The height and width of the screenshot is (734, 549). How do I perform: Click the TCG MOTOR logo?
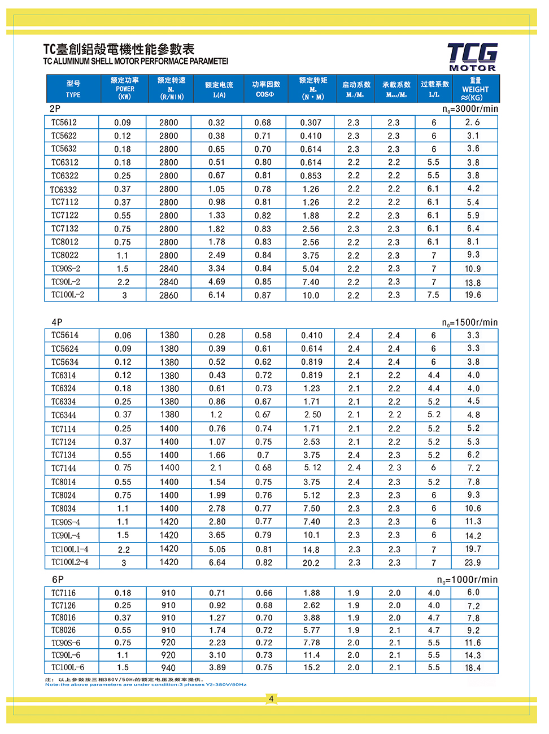coord(472,57)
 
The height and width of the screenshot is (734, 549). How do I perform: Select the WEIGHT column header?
coord(475,89)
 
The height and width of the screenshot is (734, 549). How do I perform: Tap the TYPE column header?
coord(73,89)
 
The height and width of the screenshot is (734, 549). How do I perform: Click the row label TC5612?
coord(64,123)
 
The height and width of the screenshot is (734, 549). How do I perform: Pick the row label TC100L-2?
coord(68,295)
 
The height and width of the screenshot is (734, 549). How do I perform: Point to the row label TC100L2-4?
coord(70,562)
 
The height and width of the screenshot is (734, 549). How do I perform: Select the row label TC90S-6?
coord(66,643)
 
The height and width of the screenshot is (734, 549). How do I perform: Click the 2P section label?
coord(55,109)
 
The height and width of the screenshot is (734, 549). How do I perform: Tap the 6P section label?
coord(58,580)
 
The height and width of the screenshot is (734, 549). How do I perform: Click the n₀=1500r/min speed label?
coord(470,323)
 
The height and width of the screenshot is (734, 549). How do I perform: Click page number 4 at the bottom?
coord(271,699)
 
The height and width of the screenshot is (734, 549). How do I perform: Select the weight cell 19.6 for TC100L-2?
coord(473,295)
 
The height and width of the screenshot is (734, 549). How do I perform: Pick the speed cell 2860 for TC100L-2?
coord(168,295)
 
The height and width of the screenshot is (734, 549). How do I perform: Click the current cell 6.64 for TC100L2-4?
coord(217,563)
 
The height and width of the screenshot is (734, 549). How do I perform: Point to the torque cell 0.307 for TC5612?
coord(311,123)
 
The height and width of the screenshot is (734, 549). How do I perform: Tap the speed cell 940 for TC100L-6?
coord(168,668)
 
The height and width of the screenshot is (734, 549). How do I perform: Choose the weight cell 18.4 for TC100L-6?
coord(473,668)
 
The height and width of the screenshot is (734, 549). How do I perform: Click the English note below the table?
coord(146,685)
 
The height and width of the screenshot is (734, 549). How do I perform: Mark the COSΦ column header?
coord(265,89)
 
